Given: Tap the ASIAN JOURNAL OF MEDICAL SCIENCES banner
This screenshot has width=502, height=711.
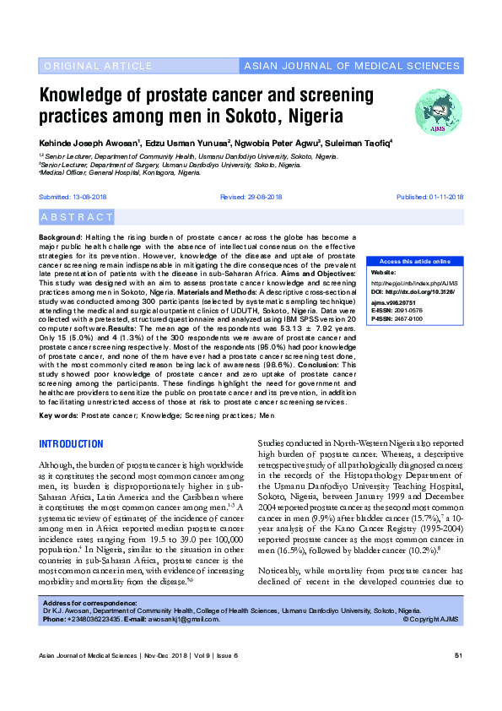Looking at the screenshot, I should (x=351, y=66).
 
